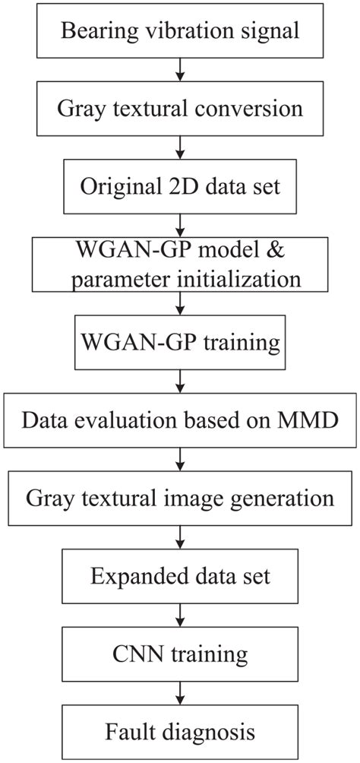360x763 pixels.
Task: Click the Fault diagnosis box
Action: tap(180, 731)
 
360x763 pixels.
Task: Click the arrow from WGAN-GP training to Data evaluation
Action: tap(180, 380)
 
